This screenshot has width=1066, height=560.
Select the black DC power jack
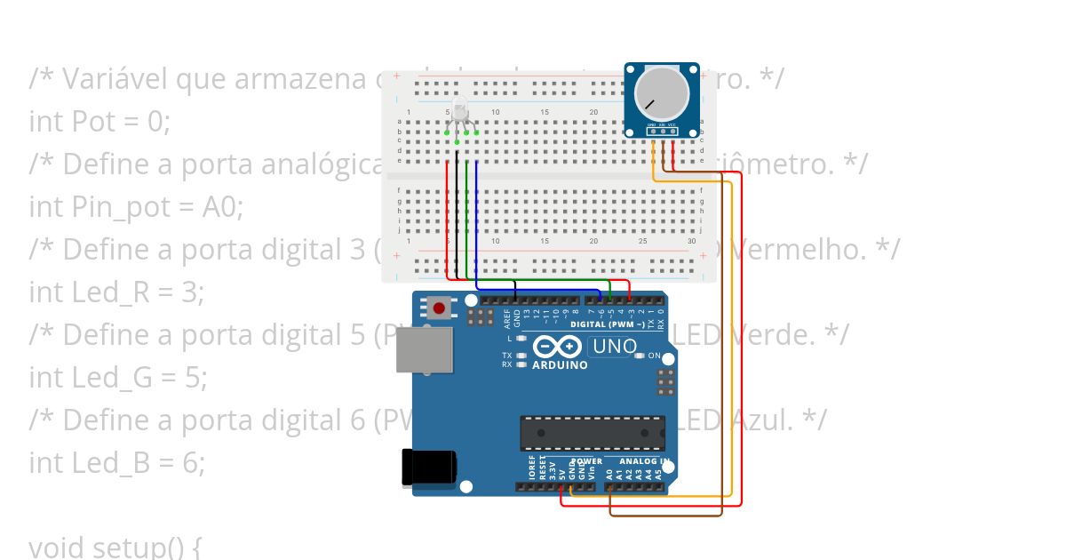[x=430, y=469]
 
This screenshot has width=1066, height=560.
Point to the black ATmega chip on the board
[x=593, y=432]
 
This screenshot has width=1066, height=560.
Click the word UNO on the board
[x=614, y=346]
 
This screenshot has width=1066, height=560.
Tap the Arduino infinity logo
[x=559, y=348]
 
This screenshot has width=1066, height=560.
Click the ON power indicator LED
[x=641, y=356]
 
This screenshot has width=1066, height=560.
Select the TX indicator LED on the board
[x=521, y=356]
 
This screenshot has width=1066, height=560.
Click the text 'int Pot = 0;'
[x=99, y=121]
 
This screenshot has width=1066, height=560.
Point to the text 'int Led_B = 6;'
[x=116, y=462]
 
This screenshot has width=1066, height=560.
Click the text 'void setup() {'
[x=115, y=547]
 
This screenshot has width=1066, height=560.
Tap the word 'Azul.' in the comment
[x=762, y=420]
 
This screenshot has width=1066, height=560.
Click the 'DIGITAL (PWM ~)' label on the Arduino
[x=609, y=324]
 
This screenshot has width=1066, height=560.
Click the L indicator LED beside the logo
[x=521, y=339]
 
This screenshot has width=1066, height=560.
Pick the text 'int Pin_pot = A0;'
[x=136, y=206]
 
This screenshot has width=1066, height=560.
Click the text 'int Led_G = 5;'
[x=117, y=377]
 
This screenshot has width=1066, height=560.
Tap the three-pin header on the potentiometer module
[x=662, y=131]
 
